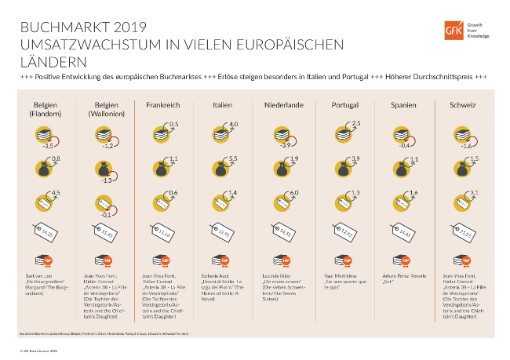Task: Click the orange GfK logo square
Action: [x=454, y=31]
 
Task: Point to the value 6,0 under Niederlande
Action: [x=295, y=192]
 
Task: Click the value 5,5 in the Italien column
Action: [x=234, y=159]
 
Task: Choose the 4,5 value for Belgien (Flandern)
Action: [x=55, y=192]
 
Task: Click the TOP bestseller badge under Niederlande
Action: [x=281, y=260]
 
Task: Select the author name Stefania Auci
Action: [x=213, y=276]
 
